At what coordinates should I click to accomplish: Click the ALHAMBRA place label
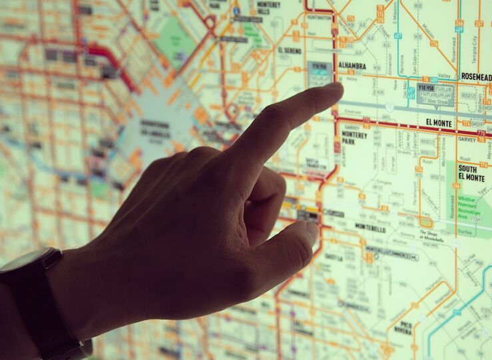point(353,65)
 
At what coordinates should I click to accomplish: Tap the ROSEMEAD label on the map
point(475,77)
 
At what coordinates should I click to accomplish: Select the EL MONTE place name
point(438,123)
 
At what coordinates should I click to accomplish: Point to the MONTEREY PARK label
point(354,137)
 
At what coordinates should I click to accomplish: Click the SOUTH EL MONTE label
point(471,173)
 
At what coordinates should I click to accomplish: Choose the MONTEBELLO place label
point(370,228)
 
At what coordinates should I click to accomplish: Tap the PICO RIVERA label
point(402,328)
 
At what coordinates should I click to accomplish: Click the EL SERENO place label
point(289,50)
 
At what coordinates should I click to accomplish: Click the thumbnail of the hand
point(307,234)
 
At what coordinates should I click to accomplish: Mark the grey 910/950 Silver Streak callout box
point(435,93)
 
